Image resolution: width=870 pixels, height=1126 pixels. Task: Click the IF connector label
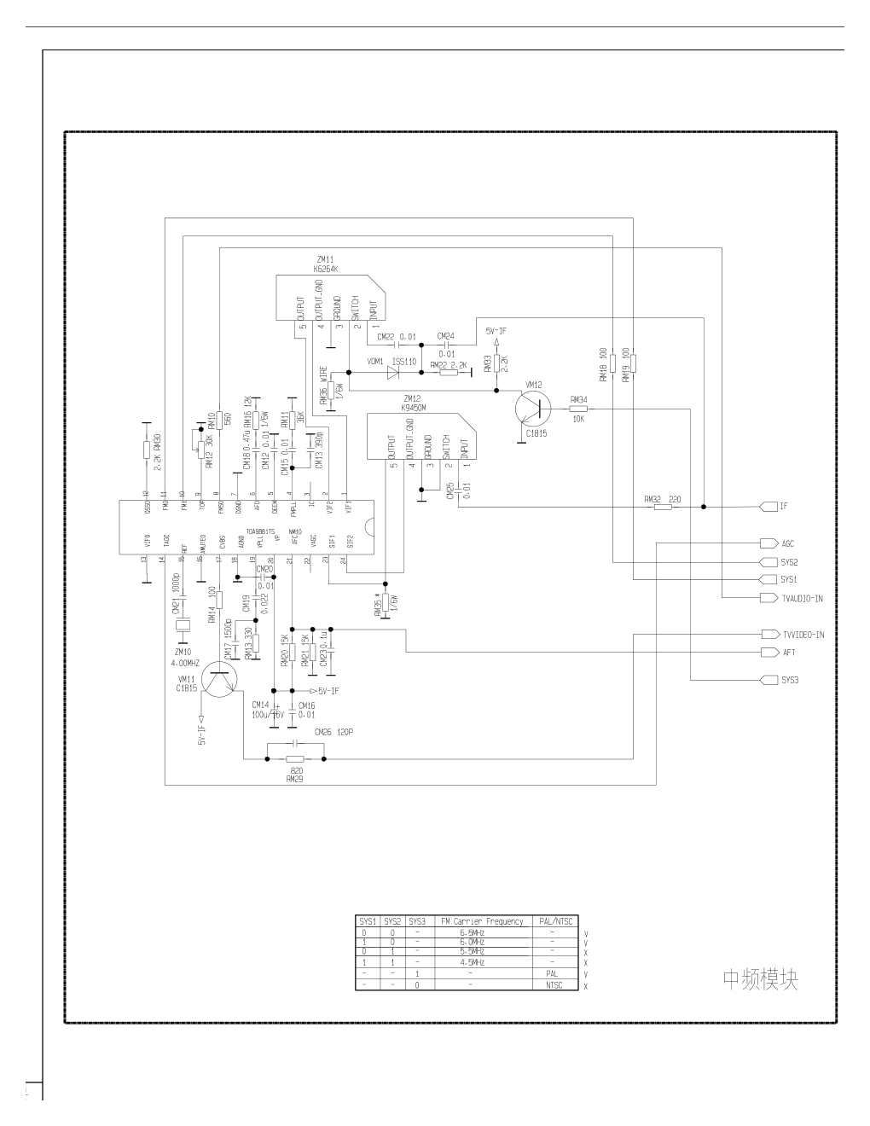click(783, 507)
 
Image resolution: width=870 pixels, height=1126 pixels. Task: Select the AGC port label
click(787, 543)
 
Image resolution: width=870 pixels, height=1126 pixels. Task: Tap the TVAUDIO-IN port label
click(802, 599)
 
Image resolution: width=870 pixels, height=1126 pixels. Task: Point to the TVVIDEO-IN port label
click(803, 635)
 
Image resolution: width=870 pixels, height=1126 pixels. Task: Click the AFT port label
click(787, 653)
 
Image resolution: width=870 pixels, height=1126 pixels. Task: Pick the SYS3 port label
click(789, 680)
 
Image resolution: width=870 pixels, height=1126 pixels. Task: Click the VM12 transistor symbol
click(534, 409)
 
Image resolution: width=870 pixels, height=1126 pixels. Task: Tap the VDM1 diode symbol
click(393, 373)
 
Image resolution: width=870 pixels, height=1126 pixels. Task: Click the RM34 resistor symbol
click(578, 409)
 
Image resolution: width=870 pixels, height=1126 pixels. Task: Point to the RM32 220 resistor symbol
click(662, 507)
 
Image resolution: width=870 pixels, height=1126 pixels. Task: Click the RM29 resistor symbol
click(295, 759)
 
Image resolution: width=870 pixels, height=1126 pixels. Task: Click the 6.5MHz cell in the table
click(472, 932)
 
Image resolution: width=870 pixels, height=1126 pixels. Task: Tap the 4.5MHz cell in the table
click(472, 962)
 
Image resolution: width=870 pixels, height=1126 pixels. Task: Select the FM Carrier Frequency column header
click(481, 921)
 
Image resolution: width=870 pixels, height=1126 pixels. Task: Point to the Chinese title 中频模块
click(760, 978)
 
